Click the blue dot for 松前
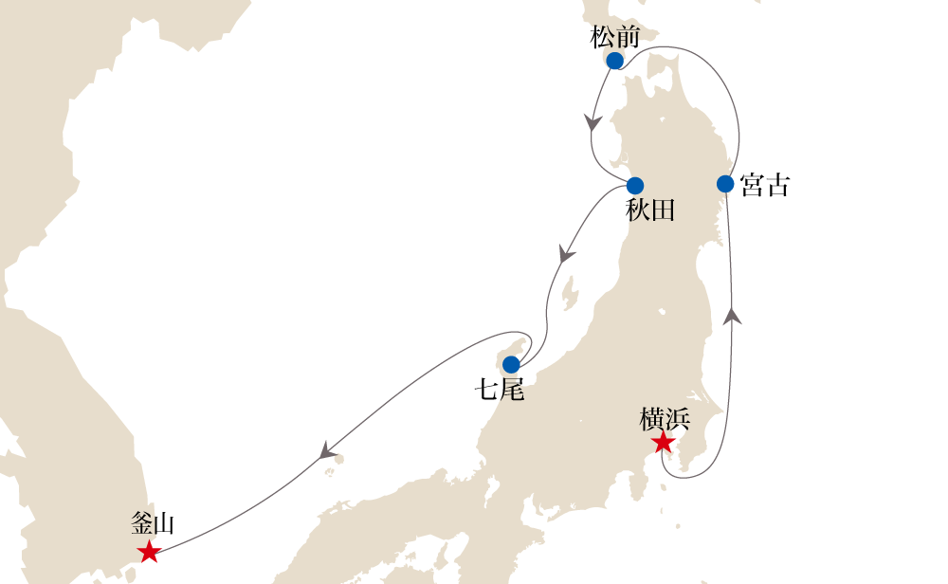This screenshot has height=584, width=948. pyautogui.click(x=614, y=61)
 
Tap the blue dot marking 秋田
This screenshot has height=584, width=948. pyautogui.click(x=635, y=186)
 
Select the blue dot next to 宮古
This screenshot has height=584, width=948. pyautogui.click(x=725, y=183)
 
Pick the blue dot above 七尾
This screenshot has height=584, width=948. pyautogui.click(x=511, y=364)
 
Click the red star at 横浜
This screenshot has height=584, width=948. pyautogui.click(x=663, y=443)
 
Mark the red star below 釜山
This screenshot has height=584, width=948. pyautogui.click(x=149, y=552)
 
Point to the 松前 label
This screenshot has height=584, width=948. pyautogui.click(x=614, y=37)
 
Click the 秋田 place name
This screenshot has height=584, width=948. pyautogui.click(x=650, y=210)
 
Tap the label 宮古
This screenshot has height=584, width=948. pyautogui.click(x=764, y=185)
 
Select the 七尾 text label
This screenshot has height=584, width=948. pyautogui.click(x=501, y=389)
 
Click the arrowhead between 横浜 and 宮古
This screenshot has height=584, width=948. pyautogui.click(x=731, y=317)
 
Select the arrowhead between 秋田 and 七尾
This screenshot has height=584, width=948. pyautogui.click(x=567, y=254)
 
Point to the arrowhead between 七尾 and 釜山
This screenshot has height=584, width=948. pyautogui.click(x=328, y=449)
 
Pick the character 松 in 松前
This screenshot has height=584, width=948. pyautogui.click(x=602, y=37)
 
